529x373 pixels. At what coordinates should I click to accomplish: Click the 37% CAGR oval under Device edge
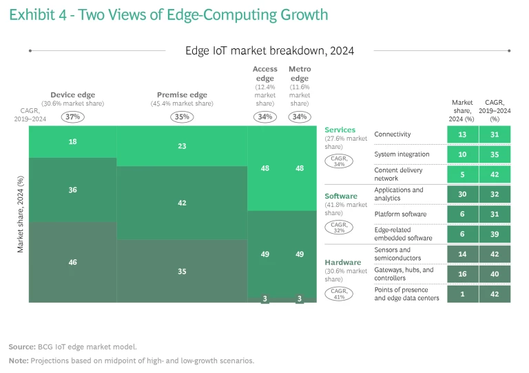(x=73, y=117)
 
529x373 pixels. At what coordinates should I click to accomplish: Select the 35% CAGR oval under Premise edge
(x=182, y=117)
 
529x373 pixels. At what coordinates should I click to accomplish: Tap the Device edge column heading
(x=73, y=95)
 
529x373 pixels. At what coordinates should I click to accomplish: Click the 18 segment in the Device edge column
(x=73, y=141)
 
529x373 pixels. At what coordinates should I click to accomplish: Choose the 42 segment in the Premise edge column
(x=182, y=203)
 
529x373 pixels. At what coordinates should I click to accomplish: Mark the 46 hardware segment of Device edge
(x=73, y=262)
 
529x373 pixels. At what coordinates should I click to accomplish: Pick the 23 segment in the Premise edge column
(x=182, y=146)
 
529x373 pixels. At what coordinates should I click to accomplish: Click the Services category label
(x=340, y=130)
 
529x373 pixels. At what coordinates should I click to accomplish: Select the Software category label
(x=341, y=196)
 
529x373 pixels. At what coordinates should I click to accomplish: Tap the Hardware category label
(x=342, y=262)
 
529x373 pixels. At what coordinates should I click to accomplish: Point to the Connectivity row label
(x=392, y=134)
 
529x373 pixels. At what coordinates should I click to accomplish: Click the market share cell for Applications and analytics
(x=462, y=194)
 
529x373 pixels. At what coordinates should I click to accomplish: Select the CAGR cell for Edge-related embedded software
(x=494, y=234)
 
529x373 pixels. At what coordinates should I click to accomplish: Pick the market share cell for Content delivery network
(x=462, y=174)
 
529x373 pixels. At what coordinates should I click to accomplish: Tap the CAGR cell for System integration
(x=494, y=154)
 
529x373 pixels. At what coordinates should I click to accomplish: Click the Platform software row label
(x=400, y=214)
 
